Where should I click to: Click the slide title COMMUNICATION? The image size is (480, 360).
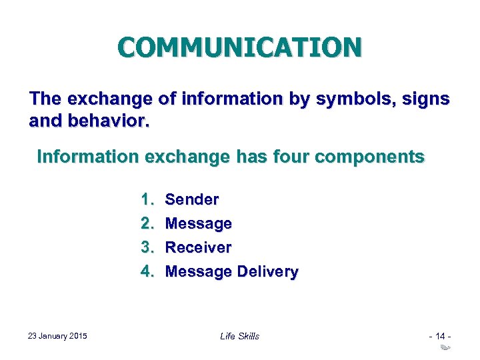[x=240, y=47]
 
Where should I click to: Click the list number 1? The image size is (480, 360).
[x=146, y=199]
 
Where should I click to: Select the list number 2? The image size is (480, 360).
[x=146, y=223]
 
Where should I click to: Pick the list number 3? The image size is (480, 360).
[x=146, y=247]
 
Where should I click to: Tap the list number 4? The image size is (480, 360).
[x=146, y=271]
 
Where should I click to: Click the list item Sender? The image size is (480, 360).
[x=192, y=199]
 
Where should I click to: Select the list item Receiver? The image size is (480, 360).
[x=198, y=247]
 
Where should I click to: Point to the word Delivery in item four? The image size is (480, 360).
[x=267, y=271]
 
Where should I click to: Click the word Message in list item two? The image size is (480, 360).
[x=198, y=223]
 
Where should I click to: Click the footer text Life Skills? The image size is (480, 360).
[x=239, y=336]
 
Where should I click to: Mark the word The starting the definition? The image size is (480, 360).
[x=45, y=99]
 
